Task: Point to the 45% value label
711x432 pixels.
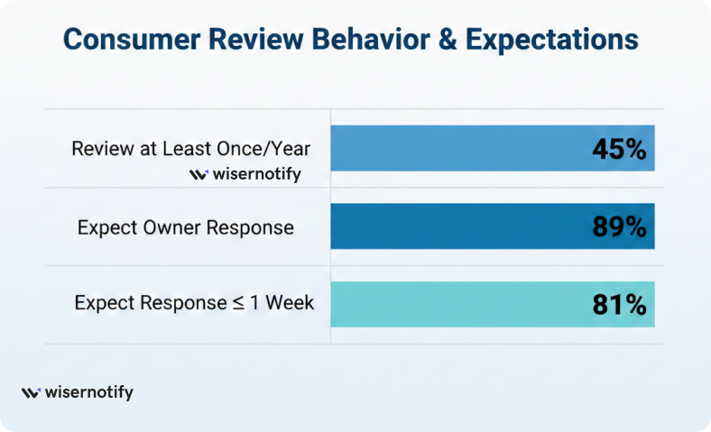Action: (x=619, y=149)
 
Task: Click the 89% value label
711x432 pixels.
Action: (x=619, y=227)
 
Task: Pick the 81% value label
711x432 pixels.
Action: (x=619, y=305)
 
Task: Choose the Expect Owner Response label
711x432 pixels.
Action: (x=186, y=227)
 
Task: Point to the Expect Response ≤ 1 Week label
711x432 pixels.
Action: (x=194, y=303)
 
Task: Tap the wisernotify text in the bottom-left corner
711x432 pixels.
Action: (x=88, y=393)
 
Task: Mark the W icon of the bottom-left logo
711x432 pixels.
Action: (x=31, y=393)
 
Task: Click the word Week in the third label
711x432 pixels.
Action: (x=291, y=303)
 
